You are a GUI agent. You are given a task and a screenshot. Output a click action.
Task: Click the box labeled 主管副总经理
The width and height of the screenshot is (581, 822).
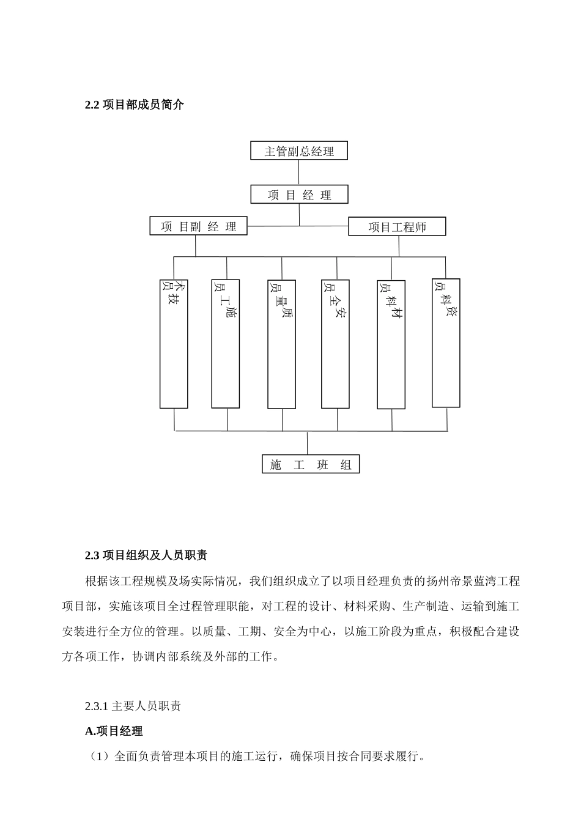click(x=299, y=151)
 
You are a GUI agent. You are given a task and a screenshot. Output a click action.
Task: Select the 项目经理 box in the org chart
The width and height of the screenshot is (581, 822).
click(x=299, y=195)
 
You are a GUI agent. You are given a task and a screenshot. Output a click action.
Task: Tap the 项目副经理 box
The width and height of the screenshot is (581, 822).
click(x=198, y=226)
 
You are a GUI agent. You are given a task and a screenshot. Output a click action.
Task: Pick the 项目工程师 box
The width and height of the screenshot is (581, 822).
click(x=397, y=227)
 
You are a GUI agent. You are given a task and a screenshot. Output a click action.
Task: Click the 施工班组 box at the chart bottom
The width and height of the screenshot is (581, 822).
click(x=311, y=464)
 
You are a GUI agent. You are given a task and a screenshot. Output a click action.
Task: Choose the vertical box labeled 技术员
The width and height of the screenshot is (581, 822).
click(x=174, y=344)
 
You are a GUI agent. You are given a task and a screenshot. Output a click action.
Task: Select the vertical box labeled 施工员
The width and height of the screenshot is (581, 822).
click(x=225, y=344)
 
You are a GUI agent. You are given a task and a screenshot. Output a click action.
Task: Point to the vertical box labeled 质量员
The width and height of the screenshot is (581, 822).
click(x=281, y=344)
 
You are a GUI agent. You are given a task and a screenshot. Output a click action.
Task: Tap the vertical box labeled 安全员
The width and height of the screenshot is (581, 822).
click(x=336, y=344)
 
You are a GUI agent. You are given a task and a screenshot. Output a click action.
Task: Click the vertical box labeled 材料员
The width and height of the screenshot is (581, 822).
click(x=391, y=344)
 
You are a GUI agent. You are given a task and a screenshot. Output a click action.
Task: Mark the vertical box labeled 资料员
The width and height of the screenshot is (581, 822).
click(x=446, y=343)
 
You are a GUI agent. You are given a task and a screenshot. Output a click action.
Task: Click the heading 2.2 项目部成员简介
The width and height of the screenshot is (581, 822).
click(x=135, y=105)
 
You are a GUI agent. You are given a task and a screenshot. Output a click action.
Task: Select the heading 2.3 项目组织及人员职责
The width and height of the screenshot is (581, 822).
click(x=146, y=555)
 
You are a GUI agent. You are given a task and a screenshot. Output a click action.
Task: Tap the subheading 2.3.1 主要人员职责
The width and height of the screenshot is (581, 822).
click(x=133, y=706)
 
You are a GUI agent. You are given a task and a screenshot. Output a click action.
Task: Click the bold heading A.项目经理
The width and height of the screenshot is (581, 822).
click(x=114, y=731)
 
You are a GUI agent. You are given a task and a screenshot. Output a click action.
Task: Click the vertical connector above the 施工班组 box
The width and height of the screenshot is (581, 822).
click(x=308, y=443)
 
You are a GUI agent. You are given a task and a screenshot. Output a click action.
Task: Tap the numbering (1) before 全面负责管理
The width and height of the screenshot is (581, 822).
click(x=98, y=757)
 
